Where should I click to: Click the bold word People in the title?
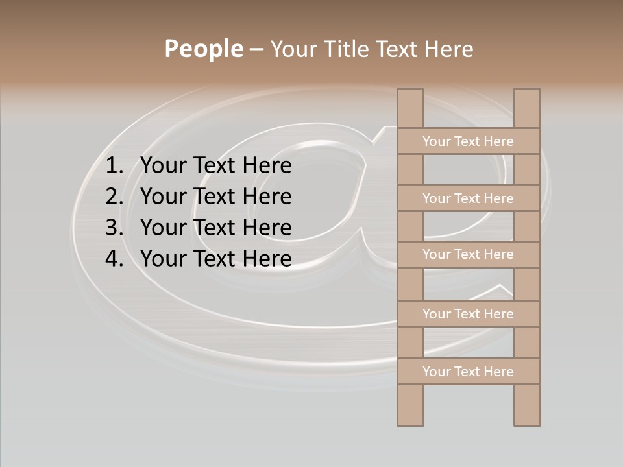point(203,49)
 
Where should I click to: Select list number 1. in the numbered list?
point(114,166)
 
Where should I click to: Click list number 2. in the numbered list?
point(114,197)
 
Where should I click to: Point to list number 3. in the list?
point(114,228)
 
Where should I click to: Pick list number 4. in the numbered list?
point(114,259)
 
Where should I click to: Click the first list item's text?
point(215,166)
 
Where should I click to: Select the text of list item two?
point(215,197)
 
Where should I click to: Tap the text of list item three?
point(215,228)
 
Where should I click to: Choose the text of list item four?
point(215,259)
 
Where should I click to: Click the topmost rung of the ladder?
point(469,141)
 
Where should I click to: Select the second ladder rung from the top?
point(469,198)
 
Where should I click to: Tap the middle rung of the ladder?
point(469,254)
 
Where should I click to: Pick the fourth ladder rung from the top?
point(469,314)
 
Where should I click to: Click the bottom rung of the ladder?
point(469,372)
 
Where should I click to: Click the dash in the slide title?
point(256,49)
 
